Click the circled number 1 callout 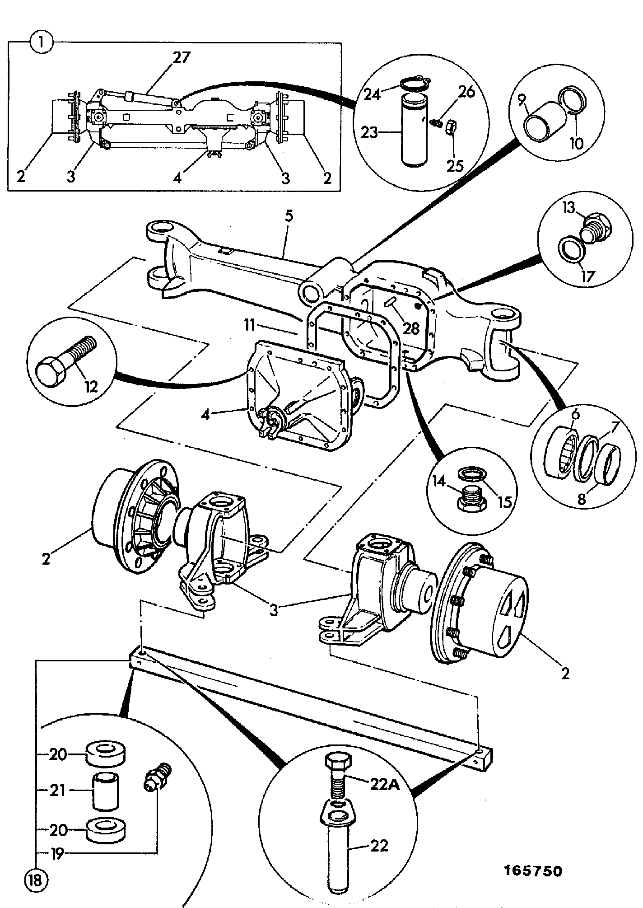click(41, 43)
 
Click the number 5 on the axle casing click(289, 216)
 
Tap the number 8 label click(582, 499)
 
